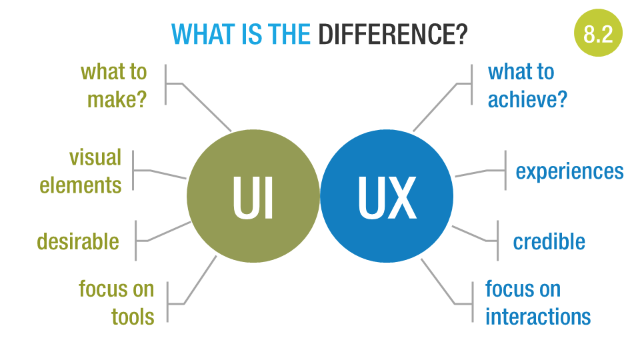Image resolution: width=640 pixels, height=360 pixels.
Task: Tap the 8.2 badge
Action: click(x=598, y=33)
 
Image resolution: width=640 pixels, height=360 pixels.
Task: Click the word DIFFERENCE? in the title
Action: click(x=393, y=34)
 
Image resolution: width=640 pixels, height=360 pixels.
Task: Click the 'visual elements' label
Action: click(x=81, y=171)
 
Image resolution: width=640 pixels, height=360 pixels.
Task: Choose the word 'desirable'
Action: click(x=78, y=241)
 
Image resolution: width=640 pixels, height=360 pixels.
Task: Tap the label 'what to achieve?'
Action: click(x=527, y=85)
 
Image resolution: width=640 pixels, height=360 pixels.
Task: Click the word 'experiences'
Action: click(x=569, y=171)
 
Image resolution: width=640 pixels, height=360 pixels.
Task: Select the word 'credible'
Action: click(x=549, y=241)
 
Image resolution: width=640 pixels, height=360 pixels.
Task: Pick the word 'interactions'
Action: click(x=537, y=316)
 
